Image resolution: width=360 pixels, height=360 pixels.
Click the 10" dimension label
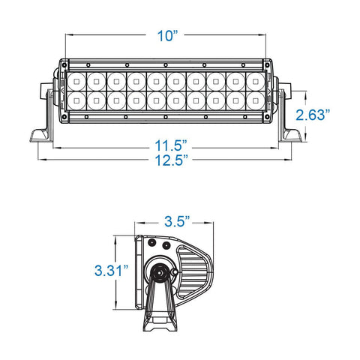coord(167,36)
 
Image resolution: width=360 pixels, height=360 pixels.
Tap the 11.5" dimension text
coord(171,145)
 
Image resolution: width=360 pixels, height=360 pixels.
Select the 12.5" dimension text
coord(172,160)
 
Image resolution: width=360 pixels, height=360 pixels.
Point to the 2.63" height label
coord(313,115)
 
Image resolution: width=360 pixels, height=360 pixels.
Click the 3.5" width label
coord(177,221)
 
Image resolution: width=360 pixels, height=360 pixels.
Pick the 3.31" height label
coord(111,271)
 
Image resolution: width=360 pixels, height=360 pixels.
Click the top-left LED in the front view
coord(76,82)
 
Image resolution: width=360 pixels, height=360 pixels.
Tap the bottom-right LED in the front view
coord(255,100)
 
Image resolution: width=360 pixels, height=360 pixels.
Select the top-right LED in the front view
coord(255,82)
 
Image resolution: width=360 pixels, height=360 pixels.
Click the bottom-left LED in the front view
coord(76,100)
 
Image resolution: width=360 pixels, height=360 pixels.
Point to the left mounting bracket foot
coord(40,136)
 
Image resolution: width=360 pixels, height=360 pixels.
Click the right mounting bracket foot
coord(292,136)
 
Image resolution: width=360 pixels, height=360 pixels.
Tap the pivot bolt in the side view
coord(159,272)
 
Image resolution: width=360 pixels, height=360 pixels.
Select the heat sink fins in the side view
coord(193,271)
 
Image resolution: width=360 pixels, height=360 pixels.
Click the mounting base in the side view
coord(160,321)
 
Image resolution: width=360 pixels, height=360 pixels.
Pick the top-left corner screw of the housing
coord(64,65)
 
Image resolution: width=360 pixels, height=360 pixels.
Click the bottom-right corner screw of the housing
coord(267,117)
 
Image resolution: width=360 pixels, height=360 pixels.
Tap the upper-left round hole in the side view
coord(151,242)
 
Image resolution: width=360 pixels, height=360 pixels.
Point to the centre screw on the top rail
coord(166,65)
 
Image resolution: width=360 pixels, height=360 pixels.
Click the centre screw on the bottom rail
coord(165,117)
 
